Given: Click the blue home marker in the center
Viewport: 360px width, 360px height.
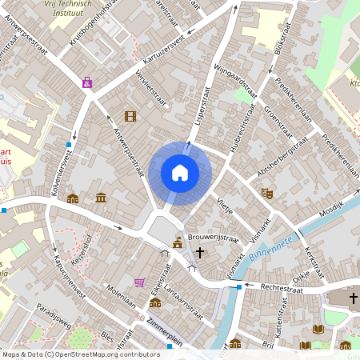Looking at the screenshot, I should pos(180,172).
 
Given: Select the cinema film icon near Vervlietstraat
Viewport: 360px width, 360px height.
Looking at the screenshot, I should pos(130,116).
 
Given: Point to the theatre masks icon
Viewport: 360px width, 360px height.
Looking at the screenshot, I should pos(267,193).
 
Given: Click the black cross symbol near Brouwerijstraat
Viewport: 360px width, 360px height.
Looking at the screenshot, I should pos(199,252).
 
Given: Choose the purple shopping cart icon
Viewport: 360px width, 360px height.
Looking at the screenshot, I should pos(140,282).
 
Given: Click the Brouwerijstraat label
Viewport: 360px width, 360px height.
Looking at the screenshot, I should pos(214,238).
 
